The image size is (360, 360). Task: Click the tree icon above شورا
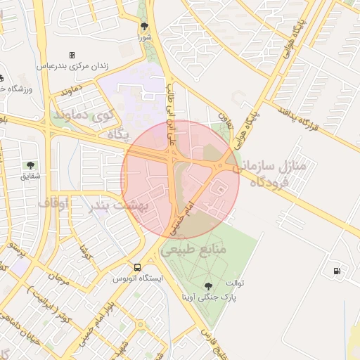pos(144,26)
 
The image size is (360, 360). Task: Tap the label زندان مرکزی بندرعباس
pos(72,65)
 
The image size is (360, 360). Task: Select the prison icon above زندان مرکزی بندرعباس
pos(72,55)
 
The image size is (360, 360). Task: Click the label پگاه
pos(116,134)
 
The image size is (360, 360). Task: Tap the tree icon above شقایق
pos(31,165)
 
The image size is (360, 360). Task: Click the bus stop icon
pos(137,267)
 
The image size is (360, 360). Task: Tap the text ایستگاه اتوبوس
pos(138,278)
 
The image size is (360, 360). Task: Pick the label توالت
pos(234,283)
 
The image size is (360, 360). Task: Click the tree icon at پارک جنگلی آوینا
pos(207,285)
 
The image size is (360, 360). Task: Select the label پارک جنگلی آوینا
pos(208,297)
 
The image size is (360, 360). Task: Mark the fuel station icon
pos(337,270)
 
